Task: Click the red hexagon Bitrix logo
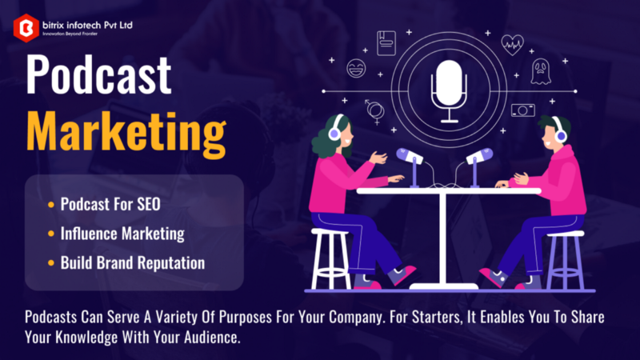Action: pos(26,28)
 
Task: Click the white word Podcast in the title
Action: pos(98,75)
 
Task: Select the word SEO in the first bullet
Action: pos(149,204)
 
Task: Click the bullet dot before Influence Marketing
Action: pos(51,234)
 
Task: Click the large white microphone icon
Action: pos(449,91)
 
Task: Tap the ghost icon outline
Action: pos(541,72)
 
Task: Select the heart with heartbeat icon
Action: pos(512,45)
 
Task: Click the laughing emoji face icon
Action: pos(356,68)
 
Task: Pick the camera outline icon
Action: pos(523,110)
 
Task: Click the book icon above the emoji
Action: pos(386,43)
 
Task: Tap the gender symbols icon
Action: pos(374,111)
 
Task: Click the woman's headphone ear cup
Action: pos(334,133)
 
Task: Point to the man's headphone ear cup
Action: pos(561,135)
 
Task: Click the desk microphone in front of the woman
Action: pos(411,166)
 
